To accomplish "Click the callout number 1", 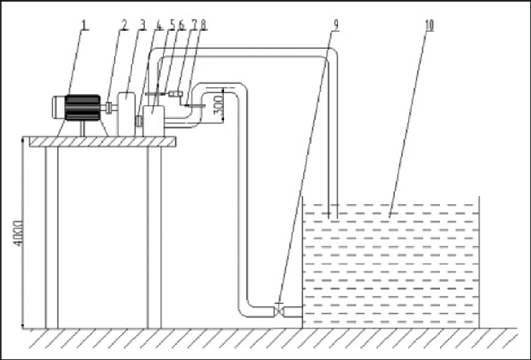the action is pyautogui.click(x=85, y=25).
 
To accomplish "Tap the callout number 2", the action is pyautogui.click(x=124, y=25).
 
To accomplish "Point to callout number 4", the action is pyautogui.click(x=160, y=25).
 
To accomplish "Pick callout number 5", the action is pyautogui.click(x=172, y=25).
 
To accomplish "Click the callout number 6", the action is pyautogui.click(x=182, y=25).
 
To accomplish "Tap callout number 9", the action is pyautogui.click(x=336, y=25).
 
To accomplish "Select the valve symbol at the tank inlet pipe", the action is pyautogui.click(x=281, y=309).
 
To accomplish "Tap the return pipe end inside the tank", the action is pyautogui.click(x=332, y=212).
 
